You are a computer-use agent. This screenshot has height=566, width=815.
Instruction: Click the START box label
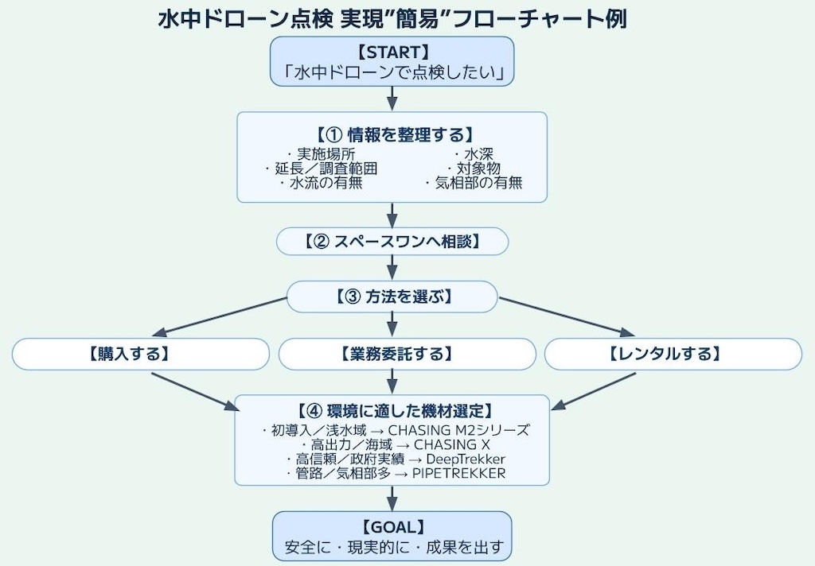[392, 52]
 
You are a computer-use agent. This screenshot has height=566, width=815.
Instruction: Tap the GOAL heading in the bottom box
[392, 526]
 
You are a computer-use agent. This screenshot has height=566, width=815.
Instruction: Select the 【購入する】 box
[141, 354]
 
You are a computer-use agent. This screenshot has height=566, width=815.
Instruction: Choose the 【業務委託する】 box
[407, 354]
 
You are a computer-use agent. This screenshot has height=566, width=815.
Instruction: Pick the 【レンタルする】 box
[673, 354]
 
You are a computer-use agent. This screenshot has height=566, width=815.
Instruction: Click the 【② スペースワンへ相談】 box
[392, 241]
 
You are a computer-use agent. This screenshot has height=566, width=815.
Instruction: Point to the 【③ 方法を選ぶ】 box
[392, 297]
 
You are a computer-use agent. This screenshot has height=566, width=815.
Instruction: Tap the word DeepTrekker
[466, 459]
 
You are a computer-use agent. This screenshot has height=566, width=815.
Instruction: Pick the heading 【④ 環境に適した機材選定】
[392, 411]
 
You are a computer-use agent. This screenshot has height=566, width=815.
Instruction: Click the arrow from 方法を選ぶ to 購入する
[223, 316]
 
